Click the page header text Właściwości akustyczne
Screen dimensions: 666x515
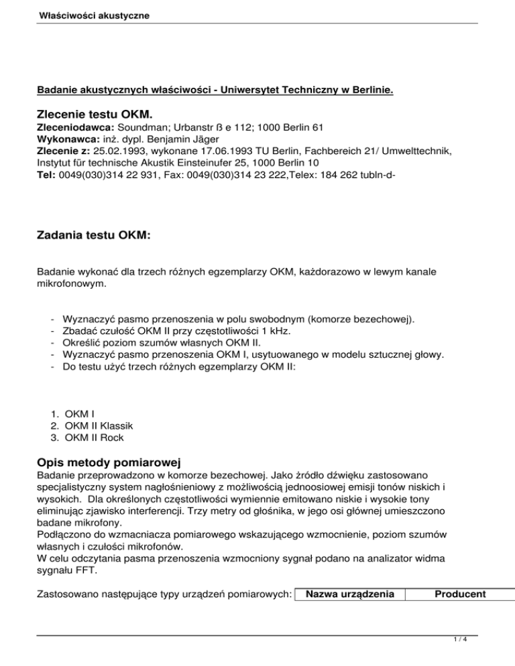pos(94,15)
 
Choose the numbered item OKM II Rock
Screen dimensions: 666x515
pos(94,437)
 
